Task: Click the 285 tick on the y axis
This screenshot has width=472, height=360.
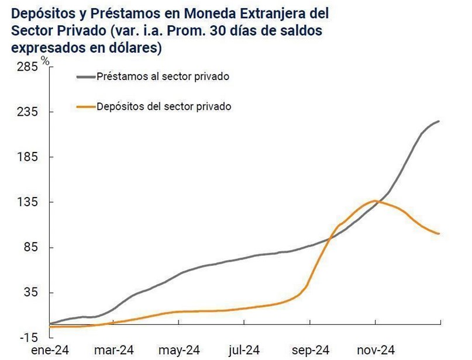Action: click(x=28, y=67)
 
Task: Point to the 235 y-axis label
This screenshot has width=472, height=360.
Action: click(x=28, y=112)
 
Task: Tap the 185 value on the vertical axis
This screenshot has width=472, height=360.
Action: click(x=28, y=157)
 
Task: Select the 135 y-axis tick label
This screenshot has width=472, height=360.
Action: click(x=28, y=202)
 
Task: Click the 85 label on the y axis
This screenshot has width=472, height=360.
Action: click(x=31, y=248)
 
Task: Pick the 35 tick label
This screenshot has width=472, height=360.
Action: click(x=31, y=293)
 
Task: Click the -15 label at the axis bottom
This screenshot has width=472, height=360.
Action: click(x=29, y=338)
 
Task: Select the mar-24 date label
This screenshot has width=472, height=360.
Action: click(x=115, y=350)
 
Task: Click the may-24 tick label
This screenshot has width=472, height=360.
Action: click(x=180, y=350)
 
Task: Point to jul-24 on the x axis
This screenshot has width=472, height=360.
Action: click(x=244, y=350)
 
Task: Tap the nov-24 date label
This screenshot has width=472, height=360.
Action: click(x=374, y=350)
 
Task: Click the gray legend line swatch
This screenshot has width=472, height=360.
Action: click(x=85, y=77)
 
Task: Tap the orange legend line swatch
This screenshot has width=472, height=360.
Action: click(x=85, y=106)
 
